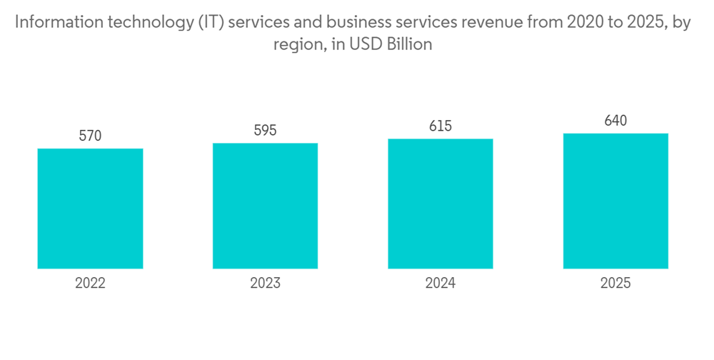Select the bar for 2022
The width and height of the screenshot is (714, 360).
90,209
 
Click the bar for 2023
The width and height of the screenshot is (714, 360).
265,206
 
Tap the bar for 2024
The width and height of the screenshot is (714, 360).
441,204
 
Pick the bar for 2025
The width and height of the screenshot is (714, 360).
615,201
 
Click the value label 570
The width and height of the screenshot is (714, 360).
90,136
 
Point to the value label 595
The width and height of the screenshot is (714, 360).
265,131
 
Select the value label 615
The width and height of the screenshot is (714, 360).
441,126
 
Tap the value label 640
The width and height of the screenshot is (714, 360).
615,121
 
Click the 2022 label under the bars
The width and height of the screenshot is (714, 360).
90,283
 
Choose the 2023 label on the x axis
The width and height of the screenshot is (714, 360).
265,283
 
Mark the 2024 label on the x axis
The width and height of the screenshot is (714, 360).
441,283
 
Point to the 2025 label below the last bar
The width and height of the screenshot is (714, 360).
615,283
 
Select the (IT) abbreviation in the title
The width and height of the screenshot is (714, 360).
211,23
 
